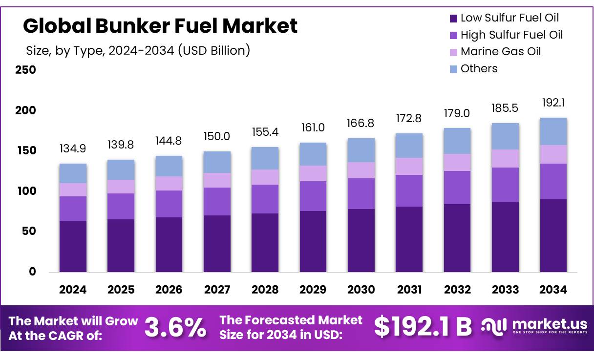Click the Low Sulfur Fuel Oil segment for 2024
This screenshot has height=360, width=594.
pyautogui.click(x=73, y=247)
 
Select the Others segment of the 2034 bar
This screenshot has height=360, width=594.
pyautogui.click(x=553, y=131)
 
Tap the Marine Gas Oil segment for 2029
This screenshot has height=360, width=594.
pyautogui.click(x=313, y=173)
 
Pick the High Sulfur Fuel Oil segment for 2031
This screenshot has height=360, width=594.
pyautogui.click(x=409, y=191)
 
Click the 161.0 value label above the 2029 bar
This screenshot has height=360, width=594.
pyautogui.click(x=313, y=128)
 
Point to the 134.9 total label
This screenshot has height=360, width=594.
pyautogui.click(x=73, y=148)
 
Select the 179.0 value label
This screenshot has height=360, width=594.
pyautogui.click(x=457, y=113)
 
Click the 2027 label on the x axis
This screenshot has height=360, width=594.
pyautogui.click(x=217, y=290)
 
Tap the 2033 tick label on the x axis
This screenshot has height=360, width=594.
pyautogui.click(x=505, y=290)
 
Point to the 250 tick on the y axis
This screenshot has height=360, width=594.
pyautogui.click(x=25, y=70)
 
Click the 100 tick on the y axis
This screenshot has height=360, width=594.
pyautogui.click(x=25, y=191)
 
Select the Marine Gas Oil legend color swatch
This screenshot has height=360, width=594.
pyautogui.click(x=453, y=52)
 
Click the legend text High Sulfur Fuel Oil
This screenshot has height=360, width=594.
pyautogui.click(x=511, y=35)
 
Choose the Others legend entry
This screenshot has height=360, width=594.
pyautogui.click(x=479, y=69)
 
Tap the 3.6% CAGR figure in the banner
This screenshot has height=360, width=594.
pyautogui.click(x=175, y=328)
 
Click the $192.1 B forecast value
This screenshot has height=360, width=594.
pyautogui.click(x=423, y=327)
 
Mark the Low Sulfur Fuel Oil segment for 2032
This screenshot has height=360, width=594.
pyautogui.click(x=457, y=238)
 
